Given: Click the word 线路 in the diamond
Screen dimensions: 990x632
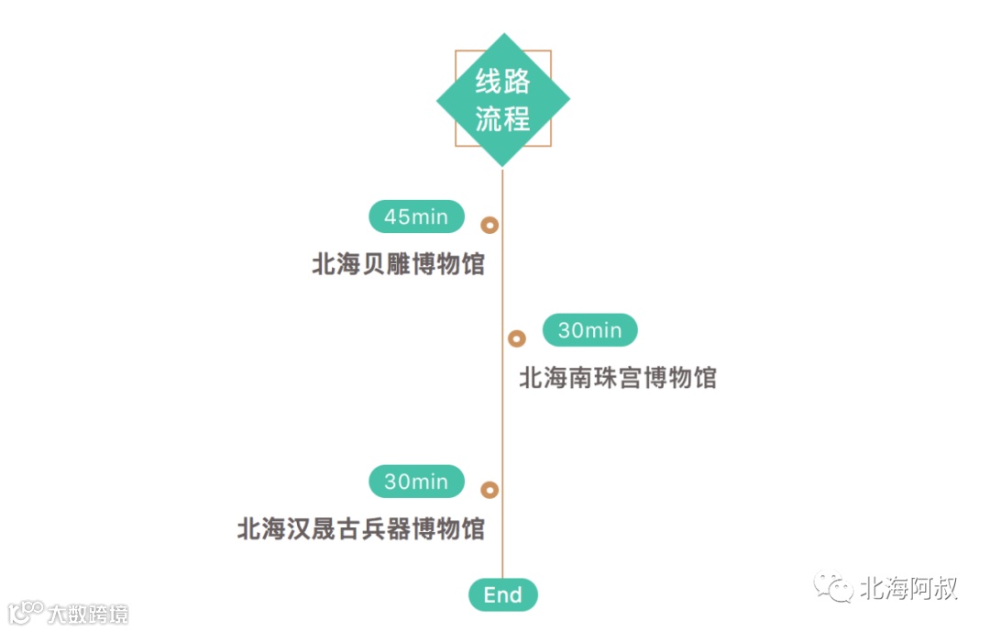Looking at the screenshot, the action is (502, 83).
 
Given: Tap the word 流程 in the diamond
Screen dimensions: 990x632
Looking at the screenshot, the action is (502, 119).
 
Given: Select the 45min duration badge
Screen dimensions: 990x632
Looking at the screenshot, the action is (416, 217).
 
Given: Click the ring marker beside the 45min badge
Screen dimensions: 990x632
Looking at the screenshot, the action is (490, 225).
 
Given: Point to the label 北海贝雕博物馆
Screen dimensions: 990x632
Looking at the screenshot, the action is (398, 265).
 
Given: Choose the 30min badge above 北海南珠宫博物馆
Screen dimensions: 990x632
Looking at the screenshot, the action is (589, 330).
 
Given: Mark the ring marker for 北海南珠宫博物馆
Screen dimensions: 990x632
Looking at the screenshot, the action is (517, 338).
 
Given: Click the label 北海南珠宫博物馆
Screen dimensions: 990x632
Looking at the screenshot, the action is (618, 378).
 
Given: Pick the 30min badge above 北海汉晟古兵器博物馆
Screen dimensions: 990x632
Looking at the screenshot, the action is (416, 482).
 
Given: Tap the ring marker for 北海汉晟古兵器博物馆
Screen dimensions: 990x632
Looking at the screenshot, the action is (490, 490).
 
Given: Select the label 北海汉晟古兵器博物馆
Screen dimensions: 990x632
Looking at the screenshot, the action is (360, 529).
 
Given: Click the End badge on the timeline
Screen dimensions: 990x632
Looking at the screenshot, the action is (502, 595).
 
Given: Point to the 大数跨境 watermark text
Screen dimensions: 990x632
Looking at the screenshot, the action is (88, 614).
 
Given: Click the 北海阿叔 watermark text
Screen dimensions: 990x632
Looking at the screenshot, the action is (907, 589).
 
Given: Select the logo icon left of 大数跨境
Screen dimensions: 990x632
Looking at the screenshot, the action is (26, 612).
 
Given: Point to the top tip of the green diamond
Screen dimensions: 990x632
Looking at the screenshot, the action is (502, 35).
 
